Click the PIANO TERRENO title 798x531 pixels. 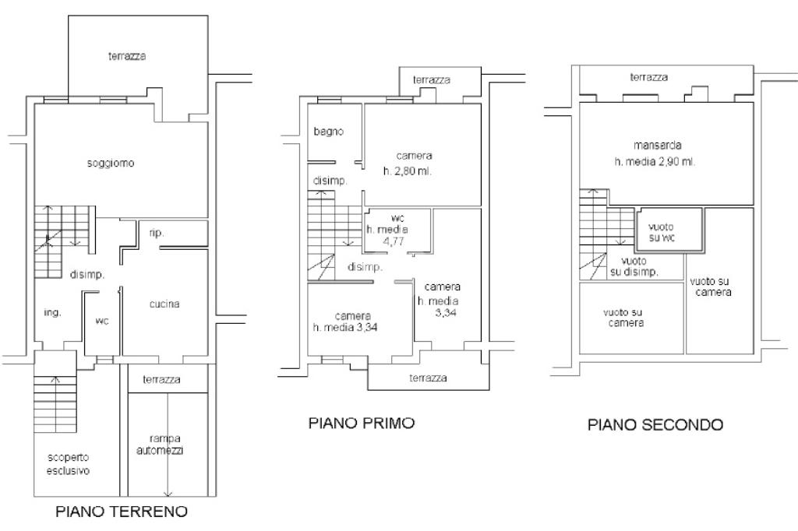(122, 512)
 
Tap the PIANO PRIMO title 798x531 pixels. (362, 424)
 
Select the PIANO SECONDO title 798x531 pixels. (655, 424)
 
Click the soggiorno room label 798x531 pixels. (111, 164)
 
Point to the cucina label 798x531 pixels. (164, 304)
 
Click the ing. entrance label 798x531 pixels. (52, 312)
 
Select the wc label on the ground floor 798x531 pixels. (101, 321)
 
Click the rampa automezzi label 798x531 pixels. (168, 444)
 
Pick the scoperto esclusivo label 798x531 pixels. (68, 464)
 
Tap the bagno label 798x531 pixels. (328, 132)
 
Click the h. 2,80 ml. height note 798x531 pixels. (407, 171)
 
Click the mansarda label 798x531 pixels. (659, 146)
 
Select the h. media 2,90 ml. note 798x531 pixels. (655, 161)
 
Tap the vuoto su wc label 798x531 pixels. (666, 231)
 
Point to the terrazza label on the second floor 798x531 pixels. (649, 77)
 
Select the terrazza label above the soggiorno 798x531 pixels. (127, 56)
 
